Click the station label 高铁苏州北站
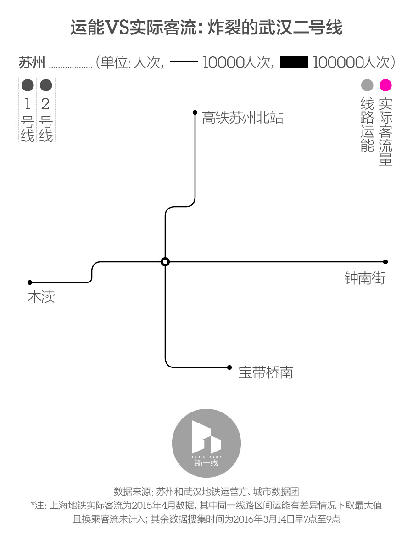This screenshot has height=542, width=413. (x=242, y=118)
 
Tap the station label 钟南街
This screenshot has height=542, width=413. (x=365, y=278)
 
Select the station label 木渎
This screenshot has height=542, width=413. (x=41, y=297)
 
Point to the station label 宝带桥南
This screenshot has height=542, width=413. (x=265, y=373)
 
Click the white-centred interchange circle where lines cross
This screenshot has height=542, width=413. (x=165, y=262)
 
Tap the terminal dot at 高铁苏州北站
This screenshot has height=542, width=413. (x=195, y=112)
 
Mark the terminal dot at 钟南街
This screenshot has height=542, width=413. (x=385, y=262)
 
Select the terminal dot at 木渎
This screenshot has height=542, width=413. (x=30, y=282)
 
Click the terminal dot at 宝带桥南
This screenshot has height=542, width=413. (x=229, y=367)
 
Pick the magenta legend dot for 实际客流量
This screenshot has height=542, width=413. (x=385, y=85)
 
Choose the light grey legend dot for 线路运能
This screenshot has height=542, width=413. (x=367, y=85)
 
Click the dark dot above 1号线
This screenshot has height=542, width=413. (x=28, y=85)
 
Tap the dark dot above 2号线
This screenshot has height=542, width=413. (x=46, y=85)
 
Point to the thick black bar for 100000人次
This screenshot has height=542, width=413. (x=293, y=62)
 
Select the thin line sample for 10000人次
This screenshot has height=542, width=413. (x=184, y=62)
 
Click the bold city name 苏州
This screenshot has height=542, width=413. (x=31, y=62)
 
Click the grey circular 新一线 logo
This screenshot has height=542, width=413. (x=206, y=443)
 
